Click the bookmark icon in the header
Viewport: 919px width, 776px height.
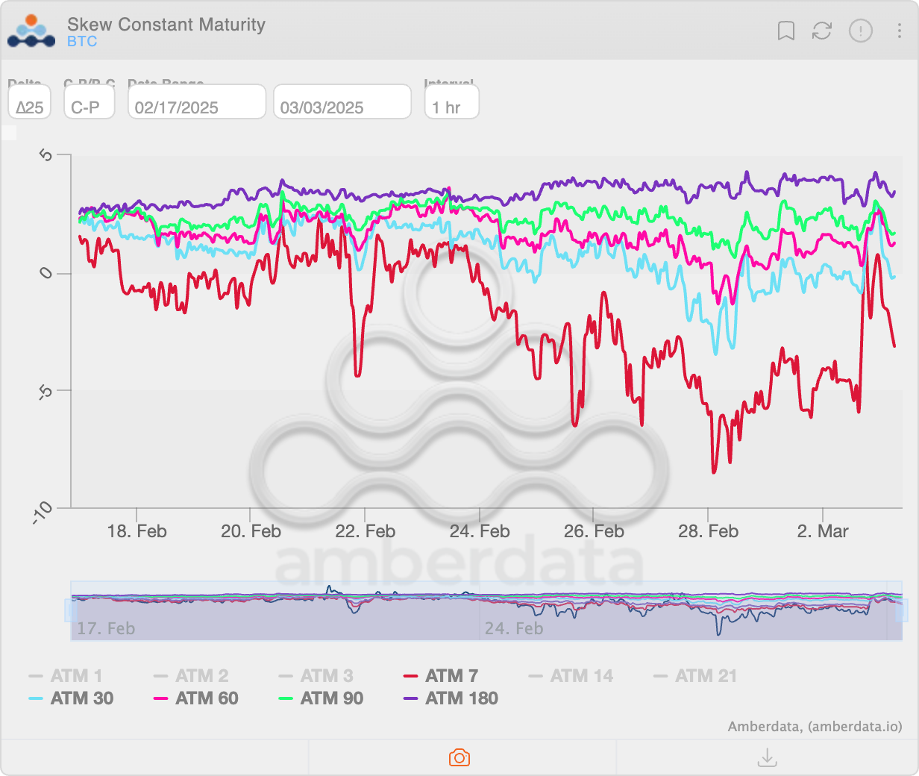[x=785, y=31]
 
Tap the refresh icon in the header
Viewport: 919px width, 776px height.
[x=822, y=31]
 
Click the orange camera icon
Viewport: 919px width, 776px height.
[x=459, y=758]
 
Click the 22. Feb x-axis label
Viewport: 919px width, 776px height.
[x=365, y=531]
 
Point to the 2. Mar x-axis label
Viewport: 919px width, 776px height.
[x=822, y=531]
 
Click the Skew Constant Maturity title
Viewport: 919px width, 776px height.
[x=166, y=25]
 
